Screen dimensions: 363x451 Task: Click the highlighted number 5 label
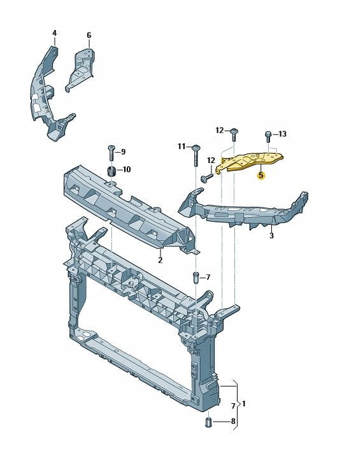(260, 175)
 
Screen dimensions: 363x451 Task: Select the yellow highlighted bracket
(249, 162)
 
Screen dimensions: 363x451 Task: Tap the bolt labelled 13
(267, 136)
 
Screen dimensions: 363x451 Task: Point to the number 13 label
(283, 134)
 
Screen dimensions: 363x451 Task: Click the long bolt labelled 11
(196, 155)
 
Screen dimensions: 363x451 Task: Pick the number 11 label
(181, 147)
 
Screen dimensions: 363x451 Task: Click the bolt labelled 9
(111, 154)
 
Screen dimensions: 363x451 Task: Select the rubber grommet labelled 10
(111, 172)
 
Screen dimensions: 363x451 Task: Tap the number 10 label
(127, 169)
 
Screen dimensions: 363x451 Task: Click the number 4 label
(54, 33)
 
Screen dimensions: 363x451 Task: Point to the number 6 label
(89, 36)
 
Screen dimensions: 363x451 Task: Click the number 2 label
(160, 261)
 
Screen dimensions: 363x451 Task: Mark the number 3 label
(271, 236)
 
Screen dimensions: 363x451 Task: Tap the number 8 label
(233, 421)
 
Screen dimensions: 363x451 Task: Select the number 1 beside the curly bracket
(244, 404)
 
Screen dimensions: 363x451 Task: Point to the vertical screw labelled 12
(234, 135)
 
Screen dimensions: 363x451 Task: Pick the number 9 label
(124, 152)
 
